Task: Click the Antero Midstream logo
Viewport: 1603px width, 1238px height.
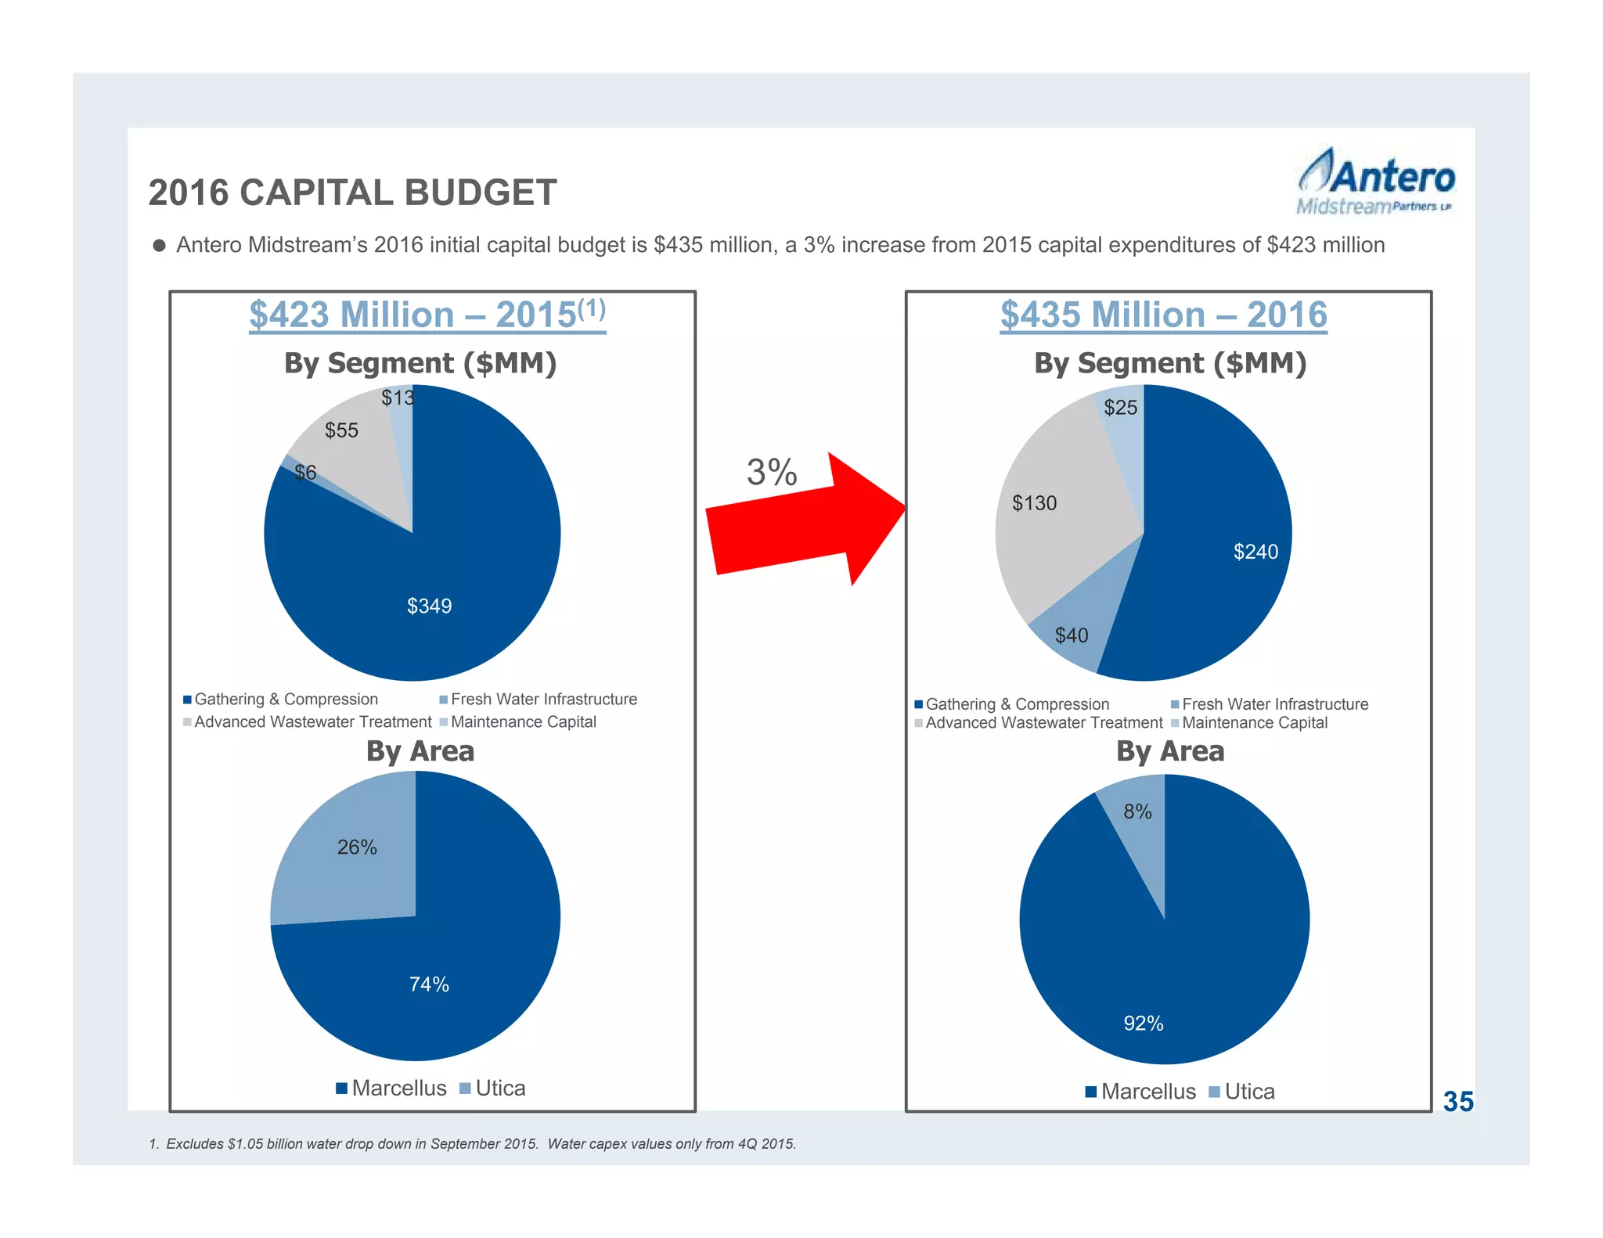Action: click(1375, 182)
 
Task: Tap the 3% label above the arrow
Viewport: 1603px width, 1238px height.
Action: click(771, 473)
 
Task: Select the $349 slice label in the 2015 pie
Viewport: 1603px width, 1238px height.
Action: click(429, 606)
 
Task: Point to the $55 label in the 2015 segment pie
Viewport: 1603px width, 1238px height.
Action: click(341, 430)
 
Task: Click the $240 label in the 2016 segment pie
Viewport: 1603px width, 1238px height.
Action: click(1255, 552)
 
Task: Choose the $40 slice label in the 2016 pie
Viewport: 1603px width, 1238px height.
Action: click(1071, 635)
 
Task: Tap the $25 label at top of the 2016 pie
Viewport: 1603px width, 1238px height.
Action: click(1120, 408)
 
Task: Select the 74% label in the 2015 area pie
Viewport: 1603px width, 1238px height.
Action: click(429, 984)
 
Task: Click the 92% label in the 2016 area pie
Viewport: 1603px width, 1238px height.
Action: click(1143, 1024)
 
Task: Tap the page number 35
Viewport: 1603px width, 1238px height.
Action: click(1457, 1102)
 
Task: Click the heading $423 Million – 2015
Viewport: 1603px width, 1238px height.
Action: click(427, 315)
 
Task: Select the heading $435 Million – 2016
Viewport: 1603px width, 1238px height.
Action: click(1163, 315)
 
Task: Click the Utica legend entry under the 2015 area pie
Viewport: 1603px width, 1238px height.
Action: click(492, 1089)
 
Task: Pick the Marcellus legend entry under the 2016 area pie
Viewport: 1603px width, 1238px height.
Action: click(1140, 1092)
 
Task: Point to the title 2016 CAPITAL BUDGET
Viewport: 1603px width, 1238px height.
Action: click(353, 193)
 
